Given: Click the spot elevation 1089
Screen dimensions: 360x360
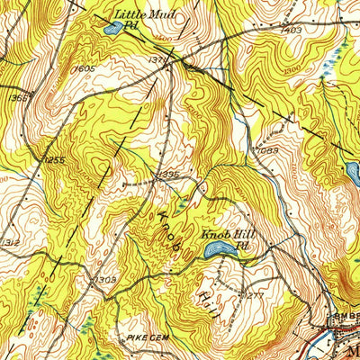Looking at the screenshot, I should [267, 151].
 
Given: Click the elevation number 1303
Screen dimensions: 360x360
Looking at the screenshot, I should [105, 280].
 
